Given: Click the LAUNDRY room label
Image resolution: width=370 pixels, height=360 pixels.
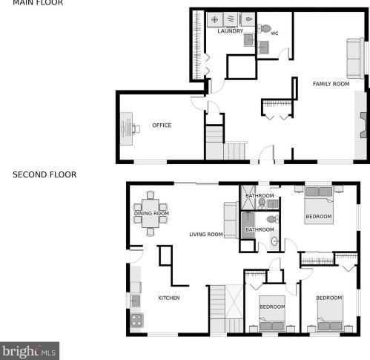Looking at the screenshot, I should point(231,31).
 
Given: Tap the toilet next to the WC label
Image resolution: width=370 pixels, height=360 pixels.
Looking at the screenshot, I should point(265,29).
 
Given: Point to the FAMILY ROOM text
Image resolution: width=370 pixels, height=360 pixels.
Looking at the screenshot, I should point(331,84).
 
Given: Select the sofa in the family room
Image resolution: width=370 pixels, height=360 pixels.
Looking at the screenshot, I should point(355,58).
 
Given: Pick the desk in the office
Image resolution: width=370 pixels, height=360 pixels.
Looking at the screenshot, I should point(125,128).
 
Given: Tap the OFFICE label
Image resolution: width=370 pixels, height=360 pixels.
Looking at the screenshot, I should point(162,125).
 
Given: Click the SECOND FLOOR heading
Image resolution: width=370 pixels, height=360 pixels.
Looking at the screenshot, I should point(44,175).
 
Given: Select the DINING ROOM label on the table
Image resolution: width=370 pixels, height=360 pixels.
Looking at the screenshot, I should point(151,214).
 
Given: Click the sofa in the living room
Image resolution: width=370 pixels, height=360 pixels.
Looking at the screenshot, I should point(231,220).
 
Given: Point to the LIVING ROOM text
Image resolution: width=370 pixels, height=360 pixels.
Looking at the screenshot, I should point(205,235).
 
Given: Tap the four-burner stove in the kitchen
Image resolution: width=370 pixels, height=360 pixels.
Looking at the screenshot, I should point(136,321).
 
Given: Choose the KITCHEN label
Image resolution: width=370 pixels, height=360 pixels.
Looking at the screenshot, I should point(169,298).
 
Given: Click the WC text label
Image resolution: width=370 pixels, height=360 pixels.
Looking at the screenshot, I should point(274,33).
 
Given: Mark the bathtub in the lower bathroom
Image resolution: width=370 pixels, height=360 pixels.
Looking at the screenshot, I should point(248,223).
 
